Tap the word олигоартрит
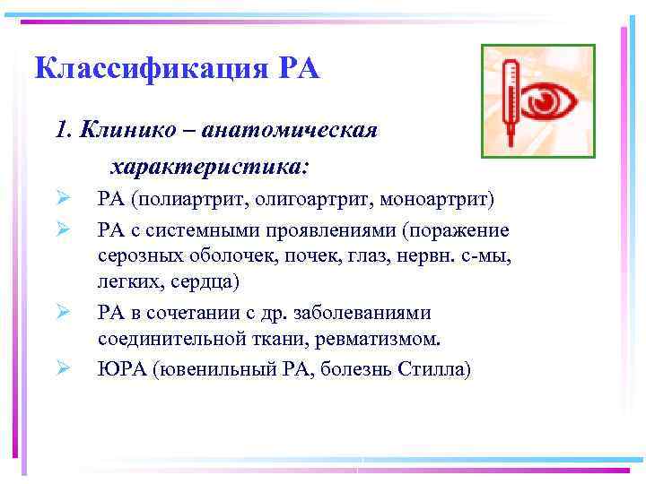coord(312,198)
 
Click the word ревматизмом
coord(383,340)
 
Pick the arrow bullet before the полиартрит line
coord(63,198)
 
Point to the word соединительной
coord(165,340)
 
